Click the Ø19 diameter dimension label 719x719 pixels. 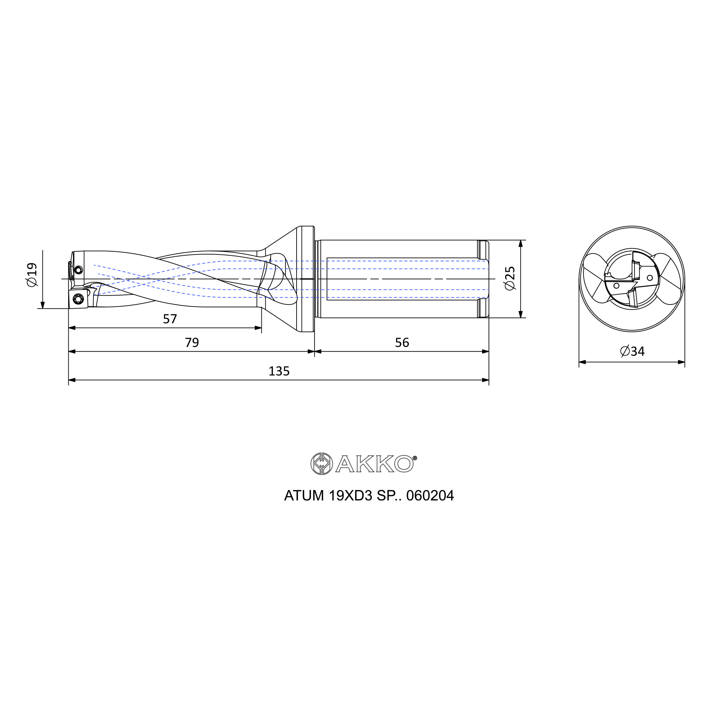pyautogui.click(x=32, y=275)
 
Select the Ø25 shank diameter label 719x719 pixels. pyautogui.click(x=510, y=278)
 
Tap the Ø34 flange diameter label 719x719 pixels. pyautogui.click(x=632, y=351)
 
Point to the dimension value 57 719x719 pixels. pyautogui.click(x=170, y=319)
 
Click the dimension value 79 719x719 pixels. pyautogui.click(x=192, y=342)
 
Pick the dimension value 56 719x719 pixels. pyautogui.click(x=402, y=342)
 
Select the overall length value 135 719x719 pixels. pyautogui.click(x=279, y=371)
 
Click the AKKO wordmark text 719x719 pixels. pyautogui.click(x=374, y=464)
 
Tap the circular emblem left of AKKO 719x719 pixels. pyautogui.click(x=321, y=464)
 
